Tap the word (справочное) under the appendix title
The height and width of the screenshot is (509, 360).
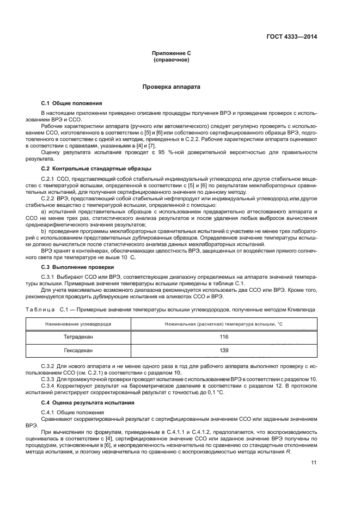pos(171,60)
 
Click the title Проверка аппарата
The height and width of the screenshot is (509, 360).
pos(171,87)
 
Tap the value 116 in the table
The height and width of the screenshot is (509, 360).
pos(223,337)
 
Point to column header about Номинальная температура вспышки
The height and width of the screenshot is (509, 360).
pos(223,324)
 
